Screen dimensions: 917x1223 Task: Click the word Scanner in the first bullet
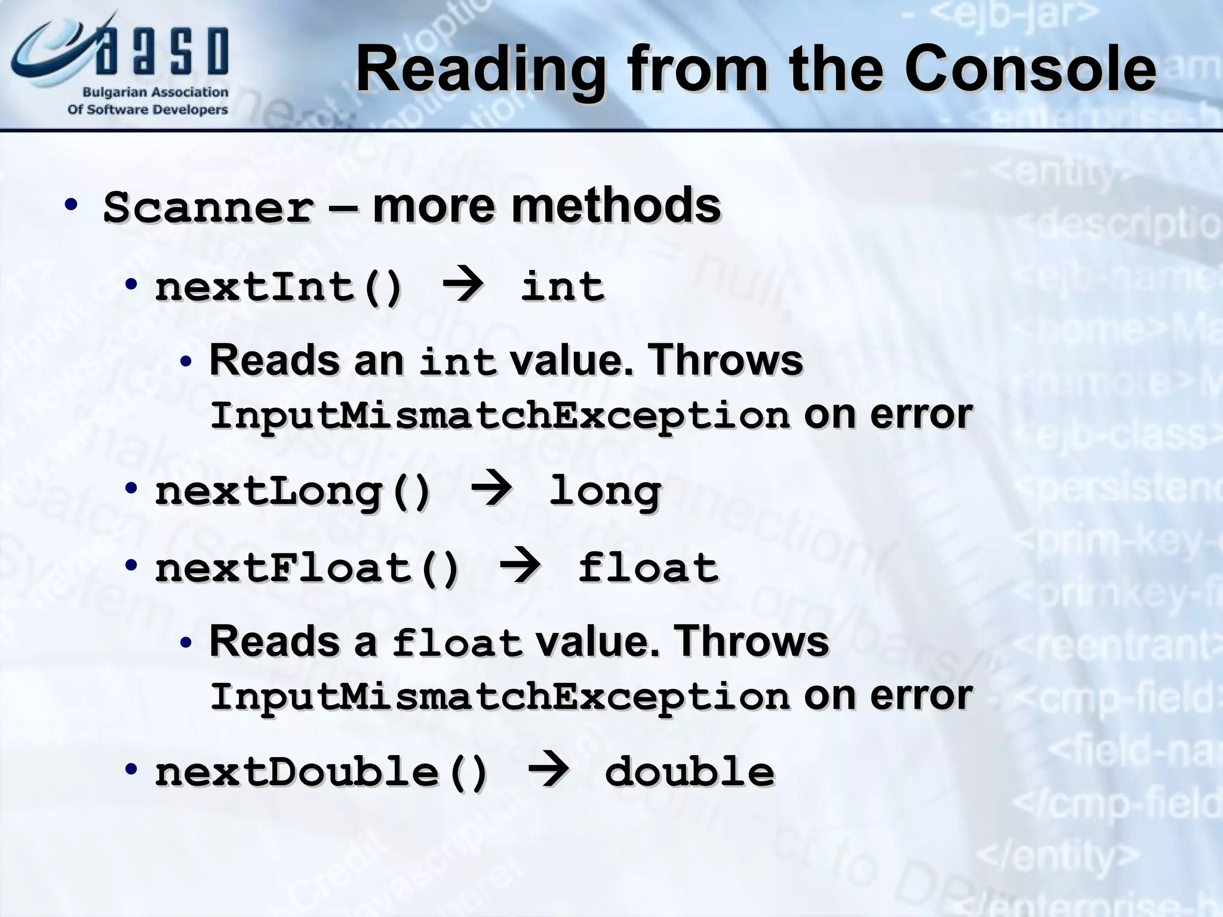click(x=208, y=208)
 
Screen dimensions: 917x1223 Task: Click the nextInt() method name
click(x=279, y=287)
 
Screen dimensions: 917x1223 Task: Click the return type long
click(x=604, y=493)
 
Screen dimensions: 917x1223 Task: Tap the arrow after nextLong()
click(x=491, y=491)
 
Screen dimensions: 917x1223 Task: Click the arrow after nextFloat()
click(x=520, y=567)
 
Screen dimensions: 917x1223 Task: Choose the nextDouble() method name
click(x=321, y=771)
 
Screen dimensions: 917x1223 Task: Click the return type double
click(x=689, y=771)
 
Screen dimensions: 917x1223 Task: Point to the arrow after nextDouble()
click(x=548, y=770)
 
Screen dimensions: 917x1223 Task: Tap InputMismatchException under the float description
click(x=500, y=696)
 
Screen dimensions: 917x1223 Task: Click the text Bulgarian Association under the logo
click(x=155, y=93)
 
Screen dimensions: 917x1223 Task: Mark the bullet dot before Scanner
click(x=71, y=205)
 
